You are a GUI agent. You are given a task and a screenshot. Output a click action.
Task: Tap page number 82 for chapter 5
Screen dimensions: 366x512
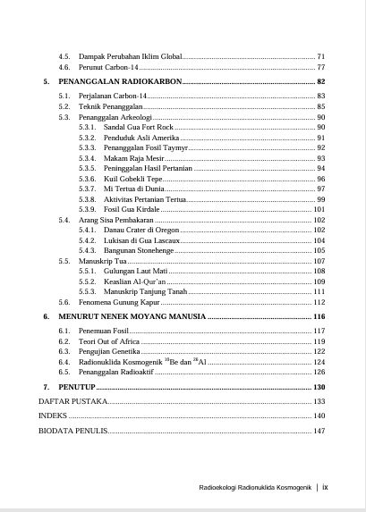[319, 81]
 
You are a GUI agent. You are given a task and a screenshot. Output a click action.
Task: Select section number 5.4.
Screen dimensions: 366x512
[64, 219]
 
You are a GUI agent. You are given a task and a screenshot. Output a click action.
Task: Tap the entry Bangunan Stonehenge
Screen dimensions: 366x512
[139, 250]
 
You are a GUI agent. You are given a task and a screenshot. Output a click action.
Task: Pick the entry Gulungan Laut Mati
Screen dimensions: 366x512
[135, 271]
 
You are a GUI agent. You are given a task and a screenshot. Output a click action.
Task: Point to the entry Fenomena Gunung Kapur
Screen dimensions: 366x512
[120, 302]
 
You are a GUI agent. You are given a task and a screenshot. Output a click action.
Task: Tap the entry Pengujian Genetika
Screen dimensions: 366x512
[108, 351]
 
